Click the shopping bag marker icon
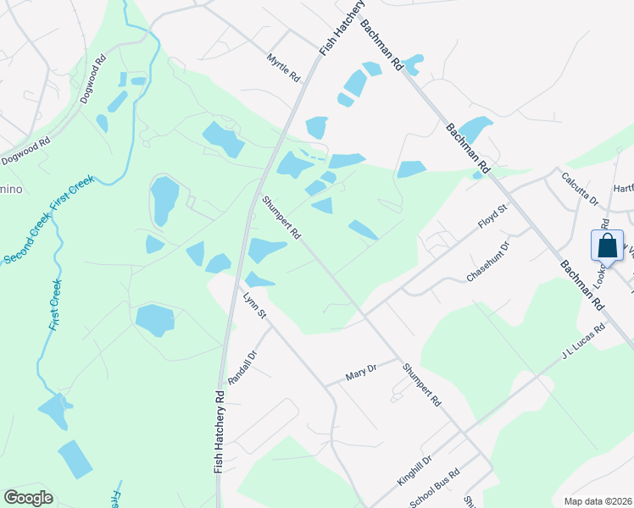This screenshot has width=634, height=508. pyautogui.click(x=608, y=246)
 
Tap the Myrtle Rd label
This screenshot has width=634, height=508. pyautogui.click(x=284, y=68)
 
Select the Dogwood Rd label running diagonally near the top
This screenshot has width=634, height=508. pyautogui.click(x=92, y=80)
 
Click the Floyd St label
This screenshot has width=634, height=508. pyautogui.click(x=492, y=217)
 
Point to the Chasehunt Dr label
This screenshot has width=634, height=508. pyautogui.click(x=488, y=262)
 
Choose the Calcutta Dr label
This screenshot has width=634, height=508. pyautogui.click(x=581, y=190)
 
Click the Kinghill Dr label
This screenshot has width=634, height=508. pyautogui.click(x=414, y=469)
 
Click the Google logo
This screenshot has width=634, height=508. pyautogui.click(x=28, y=498)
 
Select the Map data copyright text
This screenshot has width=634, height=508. pyautogui.click(x=598, y=501)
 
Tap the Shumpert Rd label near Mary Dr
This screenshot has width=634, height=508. pyautogui.click(x=422, y=384)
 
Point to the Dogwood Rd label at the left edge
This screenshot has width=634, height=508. pyautogui.click(x=25, y=153)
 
